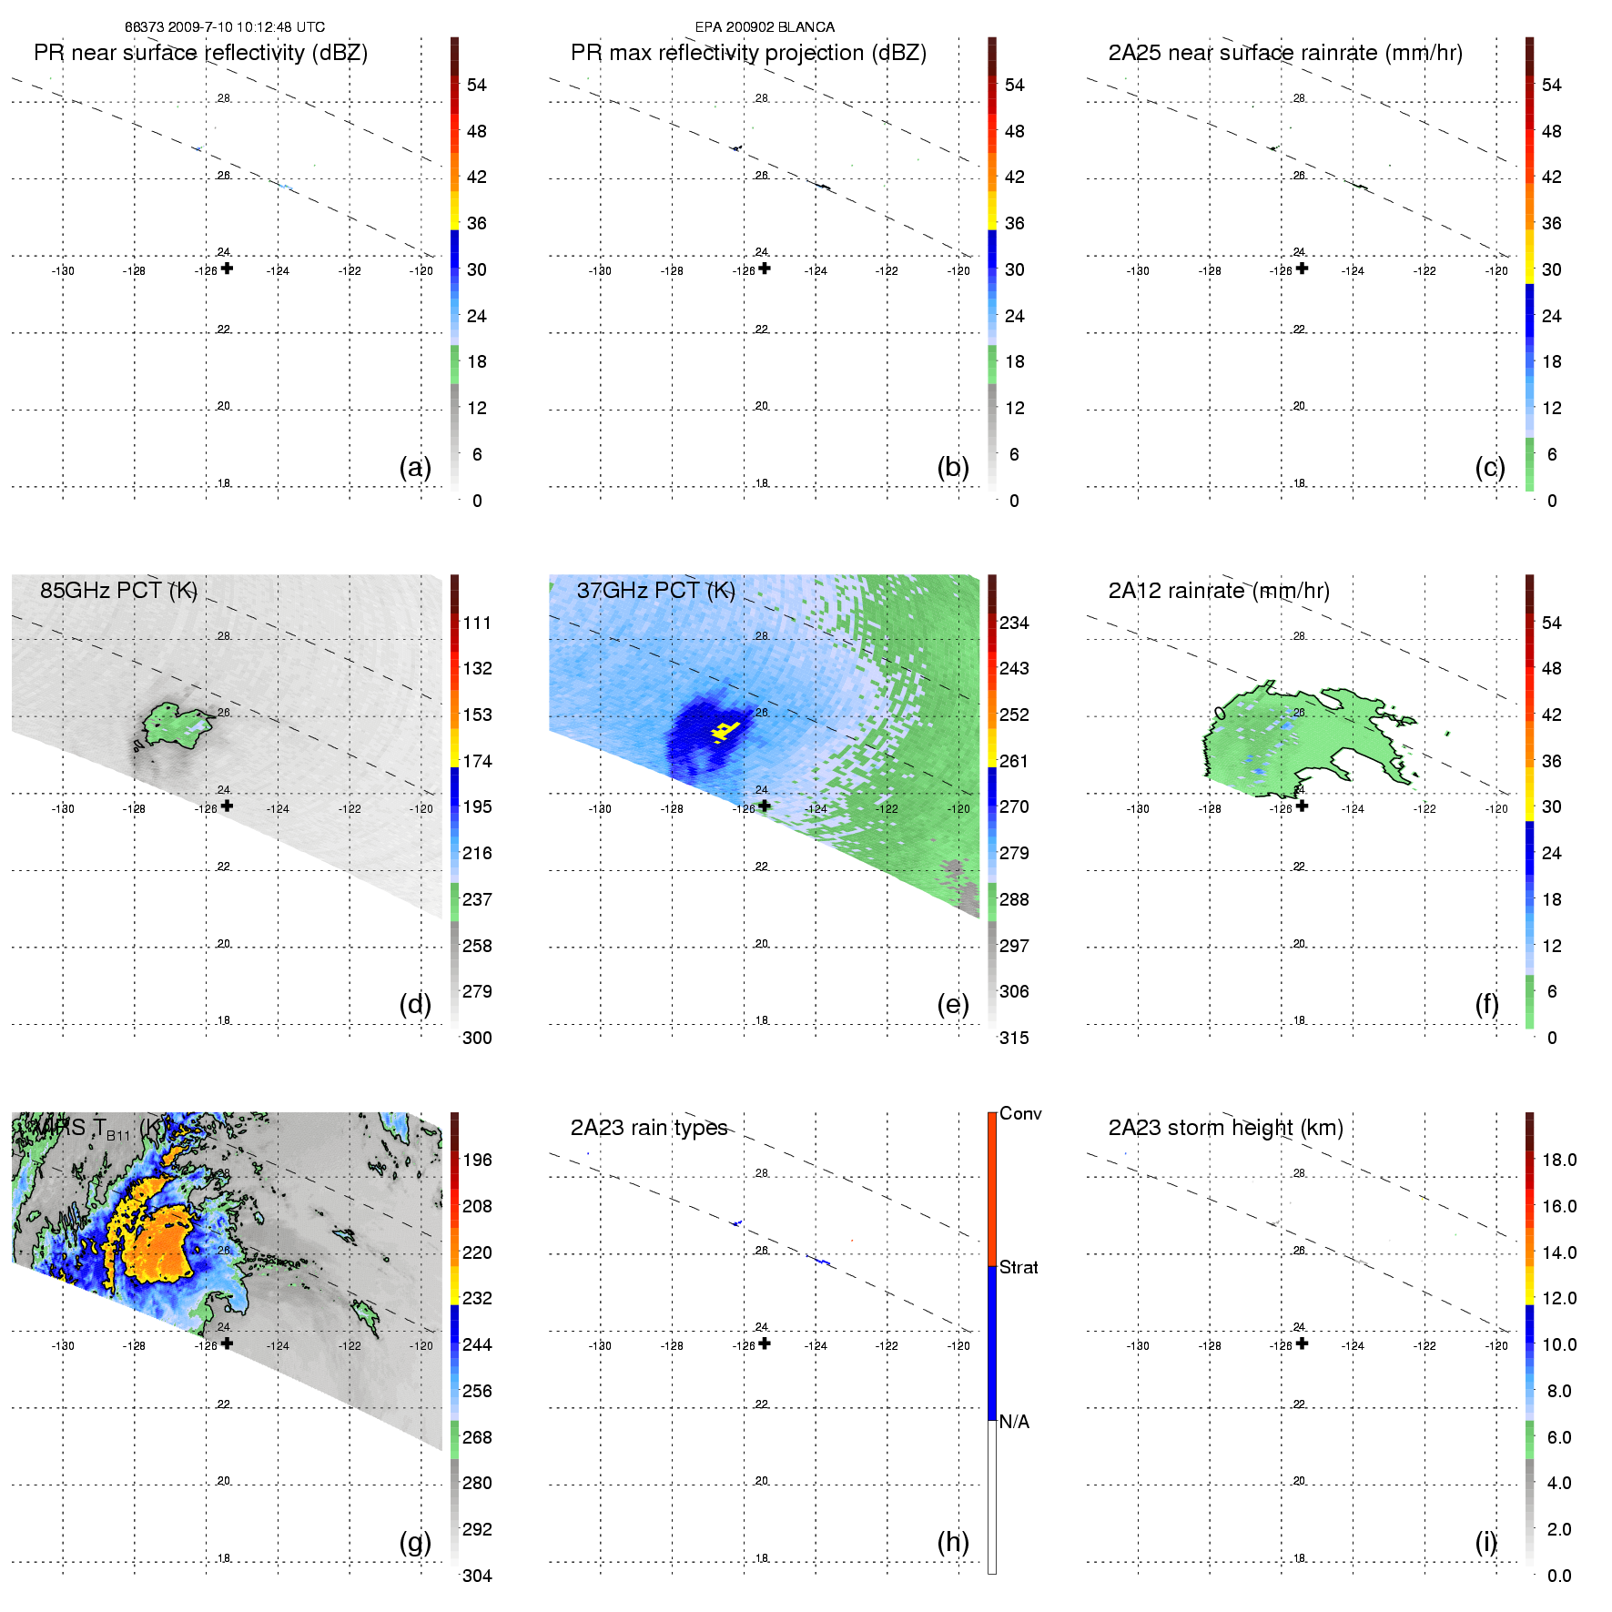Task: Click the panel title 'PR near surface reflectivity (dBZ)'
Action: [200, 53]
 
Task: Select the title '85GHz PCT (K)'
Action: [118, 591]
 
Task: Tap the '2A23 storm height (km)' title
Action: [1225, 1129]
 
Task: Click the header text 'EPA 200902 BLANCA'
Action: [765, 27]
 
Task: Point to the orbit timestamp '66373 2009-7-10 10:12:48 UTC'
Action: [225, 27]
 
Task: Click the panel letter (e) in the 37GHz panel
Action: [953, 1005]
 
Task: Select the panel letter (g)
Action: [415, 1542]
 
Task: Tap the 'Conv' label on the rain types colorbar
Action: [1020, 1114]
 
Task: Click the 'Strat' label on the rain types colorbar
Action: [1019, 1268]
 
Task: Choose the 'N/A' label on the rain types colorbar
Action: [1014, 1422]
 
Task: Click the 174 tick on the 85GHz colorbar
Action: [477, 761]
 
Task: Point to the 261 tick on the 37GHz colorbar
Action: [1014, 761]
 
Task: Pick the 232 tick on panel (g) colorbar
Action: [477, 1299]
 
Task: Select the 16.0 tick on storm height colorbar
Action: [1559, 1207]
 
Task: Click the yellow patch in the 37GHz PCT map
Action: [725, 730]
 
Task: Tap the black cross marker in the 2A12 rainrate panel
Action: [1303, 806]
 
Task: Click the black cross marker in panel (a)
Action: [228, 269]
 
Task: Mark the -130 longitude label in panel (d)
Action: [63, 809]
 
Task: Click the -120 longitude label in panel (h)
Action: [958, 1346]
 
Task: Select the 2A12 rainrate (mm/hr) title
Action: [1219, 591]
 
